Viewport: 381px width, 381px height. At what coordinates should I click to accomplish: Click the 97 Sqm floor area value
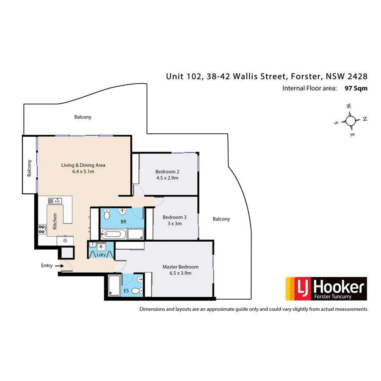coord(356,88)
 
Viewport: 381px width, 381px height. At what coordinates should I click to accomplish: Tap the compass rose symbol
coord(351,121)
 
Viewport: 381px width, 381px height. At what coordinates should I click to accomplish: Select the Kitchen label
coord(55,221)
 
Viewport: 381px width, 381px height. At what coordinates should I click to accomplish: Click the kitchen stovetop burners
coord(42,229)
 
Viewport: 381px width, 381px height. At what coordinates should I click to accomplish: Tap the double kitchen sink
coord(55,201)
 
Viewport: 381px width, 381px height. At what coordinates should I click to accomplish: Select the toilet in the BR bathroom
coord(107,215)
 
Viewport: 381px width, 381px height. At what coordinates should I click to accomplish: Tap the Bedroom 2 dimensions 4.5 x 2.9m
coord(167,178)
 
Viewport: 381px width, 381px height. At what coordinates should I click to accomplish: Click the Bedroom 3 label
coord(175,217)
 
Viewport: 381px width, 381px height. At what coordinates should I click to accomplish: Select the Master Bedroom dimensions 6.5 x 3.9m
coord(180,273)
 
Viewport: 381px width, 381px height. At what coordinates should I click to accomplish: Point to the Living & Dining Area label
coord(83,165)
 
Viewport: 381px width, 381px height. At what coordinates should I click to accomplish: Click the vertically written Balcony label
coord(29,168)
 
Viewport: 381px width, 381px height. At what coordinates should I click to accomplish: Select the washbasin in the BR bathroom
coord(122,211)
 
